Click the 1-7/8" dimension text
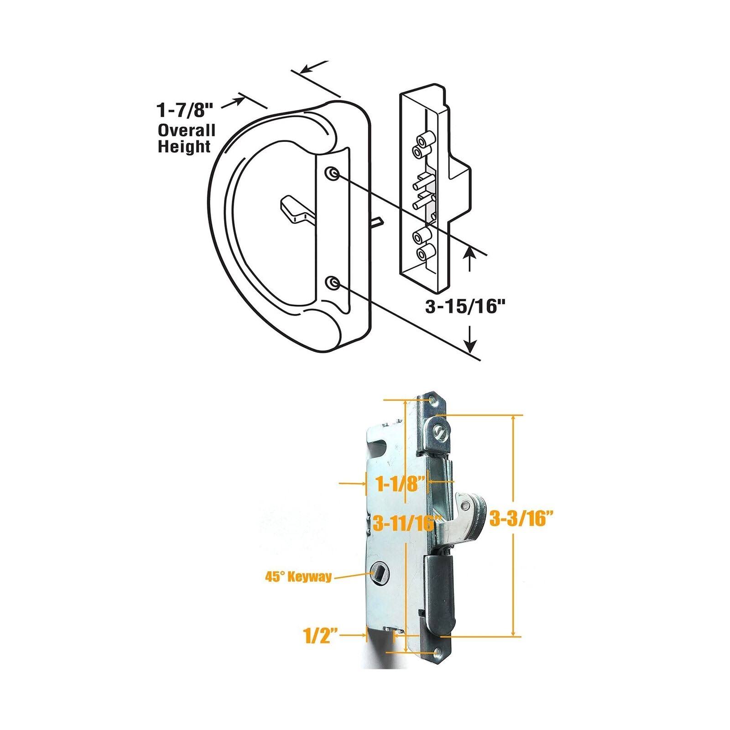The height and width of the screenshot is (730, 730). point(185,110)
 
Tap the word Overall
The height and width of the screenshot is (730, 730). point(186,130)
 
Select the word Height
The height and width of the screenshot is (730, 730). point(184,147)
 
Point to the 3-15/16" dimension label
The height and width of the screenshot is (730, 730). point(460,307)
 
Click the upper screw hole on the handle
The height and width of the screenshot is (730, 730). point(334,173)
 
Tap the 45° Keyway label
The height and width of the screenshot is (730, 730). point(298,577)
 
